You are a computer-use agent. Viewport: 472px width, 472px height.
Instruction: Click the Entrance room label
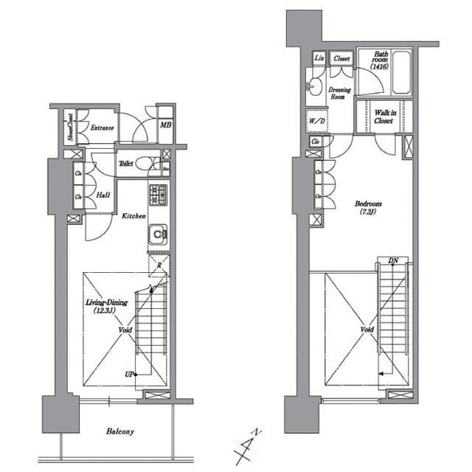click(102, 128)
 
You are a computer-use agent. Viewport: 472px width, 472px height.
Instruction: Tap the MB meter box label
click(166, 125)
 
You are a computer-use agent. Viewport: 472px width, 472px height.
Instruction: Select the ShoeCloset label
click(70, 128)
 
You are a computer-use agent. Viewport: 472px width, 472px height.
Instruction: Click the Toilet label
click(126, 164)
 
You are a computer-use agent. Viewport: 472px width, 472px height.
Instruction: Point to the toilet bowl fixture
click(147, 164)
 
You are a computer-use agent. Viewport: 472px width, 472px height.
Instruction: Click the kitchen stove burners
click(159, 195)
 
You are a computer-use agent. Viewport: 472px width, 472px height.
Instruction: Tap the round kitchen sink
click(158, 236)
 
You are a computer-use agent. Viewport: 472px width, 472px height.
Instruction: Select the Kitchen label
click(133, 215)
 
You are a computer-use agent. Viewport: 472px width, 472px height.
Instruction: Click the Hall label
click(104, 196)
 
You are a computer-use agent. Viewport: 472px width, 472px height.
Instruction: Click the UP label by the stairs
click(128, 375)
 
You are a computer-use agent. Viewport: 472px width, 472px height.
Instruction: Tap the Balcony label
click(119, 431)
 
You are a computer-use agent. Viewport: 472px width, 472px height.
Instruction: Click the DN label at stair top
click(392, 260)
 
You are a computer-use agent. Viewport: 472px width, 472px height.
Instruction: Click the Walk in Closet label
click(383, 117)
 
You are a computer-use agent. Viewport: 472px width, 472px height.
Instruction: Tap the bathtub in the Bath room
click(400, 72)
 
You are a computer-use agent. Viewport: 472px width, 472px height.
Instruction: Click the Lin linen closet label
click(319, 58)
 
